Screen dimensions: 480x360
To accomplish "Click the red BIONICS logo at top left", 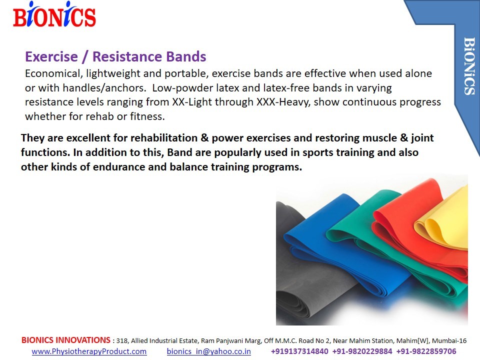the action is [x=54, y=14].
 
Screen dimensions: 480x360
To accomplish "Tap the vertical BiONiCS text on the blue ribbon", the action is [x=469, y=66].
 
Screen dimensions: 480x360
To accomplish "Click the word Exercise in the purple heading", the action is [x=51, y=56].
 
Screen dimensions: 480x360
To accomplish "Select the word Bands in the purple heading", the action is [x=186, y=56].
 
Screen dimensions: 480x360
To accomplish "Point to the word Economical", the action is [x=52, y=74].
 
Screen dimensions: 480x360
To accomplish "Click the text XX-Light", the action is [x=192, y=102].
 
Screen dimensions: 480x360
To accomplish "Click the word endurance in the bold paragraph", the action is [x=119, y=167].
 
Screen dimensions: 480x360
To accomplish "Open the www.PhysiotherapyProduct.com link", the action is [x=89, y=351].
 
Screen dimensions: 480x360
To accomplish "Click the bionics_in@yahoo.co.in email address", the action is [x=209, y=351].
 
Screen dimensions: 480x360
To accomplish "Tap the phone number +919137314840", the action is [x=299, y=351].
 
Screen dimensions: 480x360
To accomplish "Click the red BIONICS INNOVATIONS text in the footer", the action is [x=66, y=340].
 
